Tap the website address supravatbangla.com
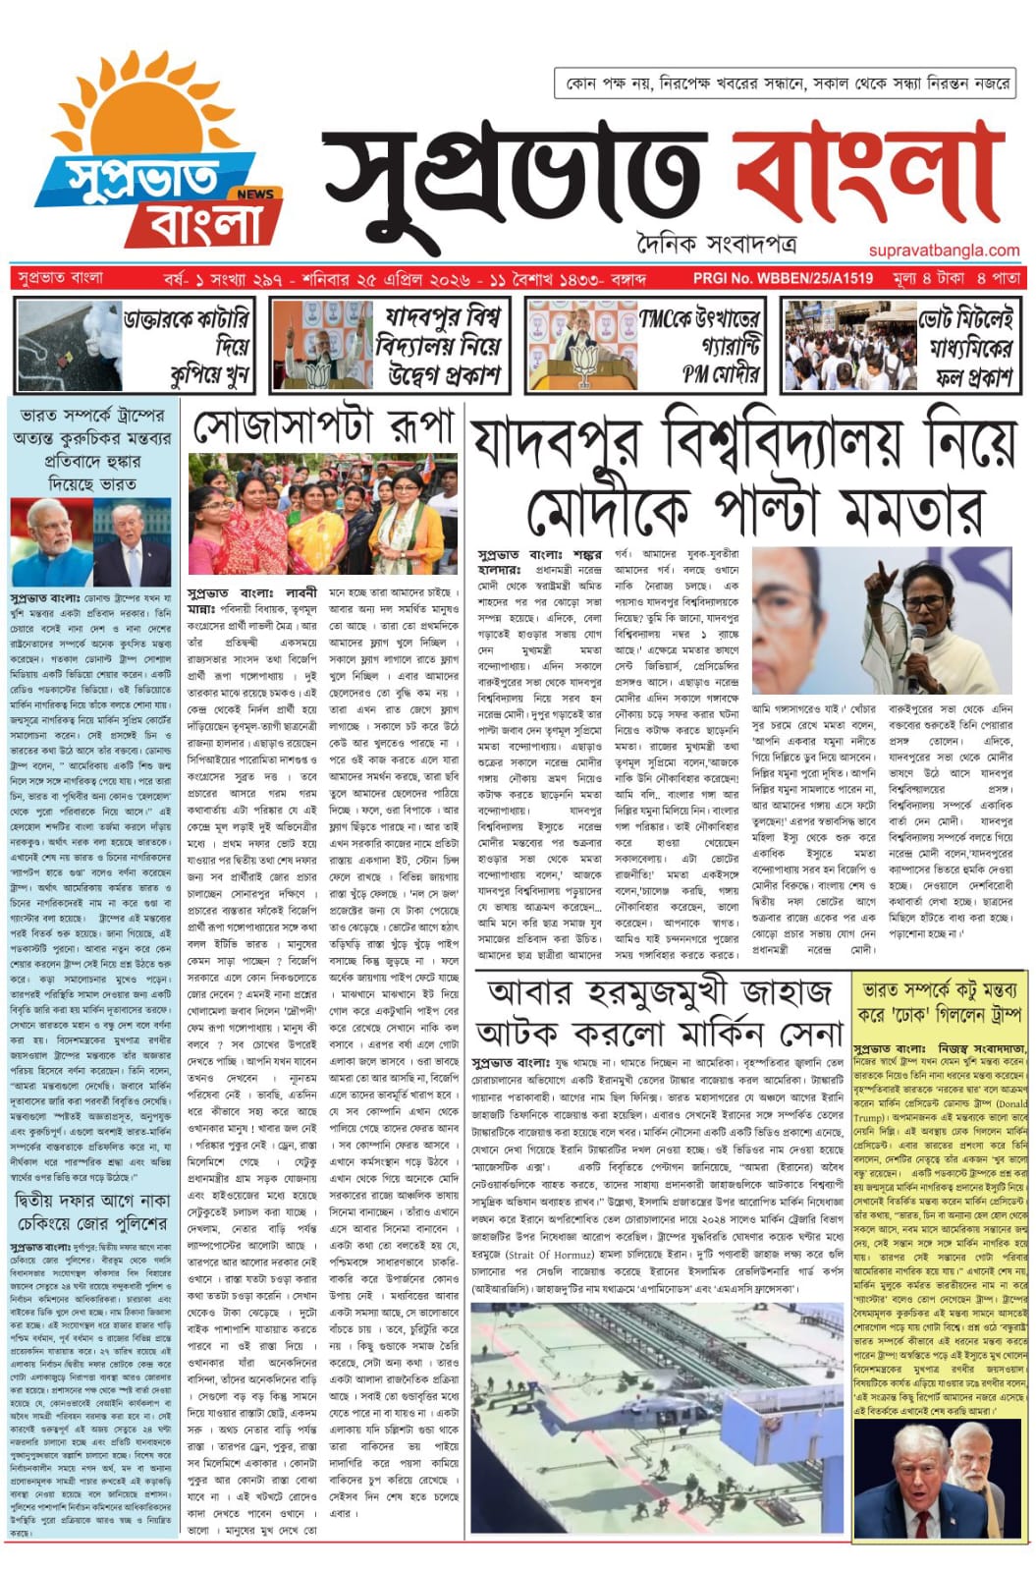[944, 251]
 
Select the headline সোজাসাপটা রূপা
[324, 425]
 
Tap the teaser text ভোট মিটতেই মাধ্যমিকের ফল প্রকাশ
[966, 347]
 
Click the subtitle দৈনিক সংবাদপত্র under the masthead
[715, 243]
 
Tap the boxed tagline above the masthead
[786, 84]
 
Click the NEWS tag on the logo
[255, 194]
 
